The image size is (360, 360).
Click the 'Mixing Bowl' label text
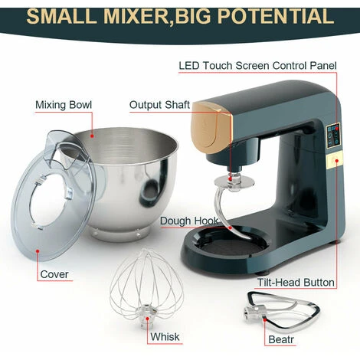[x=64, y=105]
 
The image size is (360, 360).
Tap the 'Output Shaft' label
[x=159, y=105]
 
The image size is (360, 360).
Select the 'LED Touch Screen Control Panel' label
[x=257, y=66]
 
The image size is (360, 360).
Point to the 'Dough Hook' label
[x=189, y=221]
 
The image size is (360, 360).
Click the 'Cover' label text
[x=54, y=274]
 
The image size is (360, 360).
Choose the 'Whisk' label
[x=165, y=337]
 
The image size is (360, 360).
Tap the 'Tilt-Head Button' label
[x=296, y=283]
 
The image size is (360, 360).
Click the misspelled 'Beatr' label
[x=281, y=339]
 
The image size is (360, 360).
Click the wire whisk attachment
[x=146, y=289]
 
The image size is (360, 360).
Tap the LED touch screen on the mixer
[x=333, y=136]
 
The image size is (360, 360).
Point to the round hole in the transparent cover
[x=51, y=199]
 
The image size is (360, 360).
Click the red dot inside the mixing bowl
[x=92, y=136]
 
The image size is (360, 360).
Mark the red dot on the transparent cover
[x=38, y=251]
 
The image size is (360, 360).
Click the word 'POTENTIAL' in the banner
[x=276, y=16]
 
